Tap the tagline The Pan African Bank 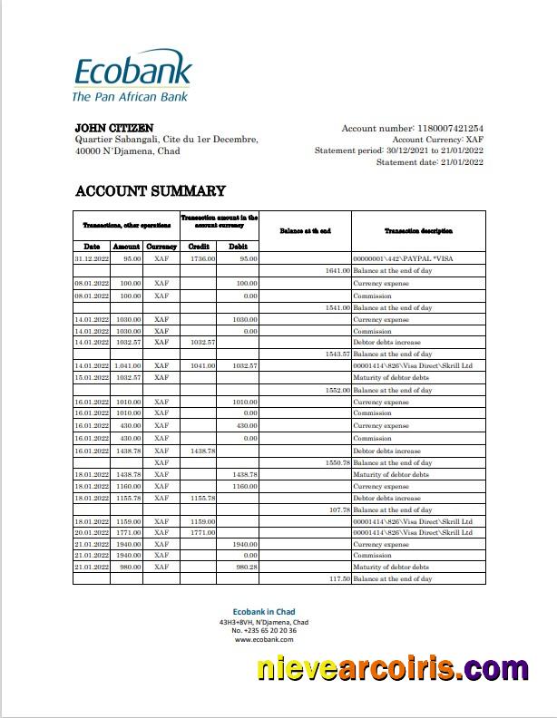coord(130,96)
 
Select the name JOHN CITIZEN coord(113,128)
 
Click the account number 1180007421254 coord(450,129)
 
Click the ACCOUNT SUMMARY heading coord(150,190)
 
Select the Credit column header coord(199,247)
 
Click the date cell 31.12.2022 coord(92,258)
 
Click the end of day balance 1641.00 coord(337,271)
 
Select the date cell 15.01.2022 coord(92,377)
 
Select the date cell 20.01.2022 coord(92,533)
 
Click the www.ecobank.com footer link coord(263,639)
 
